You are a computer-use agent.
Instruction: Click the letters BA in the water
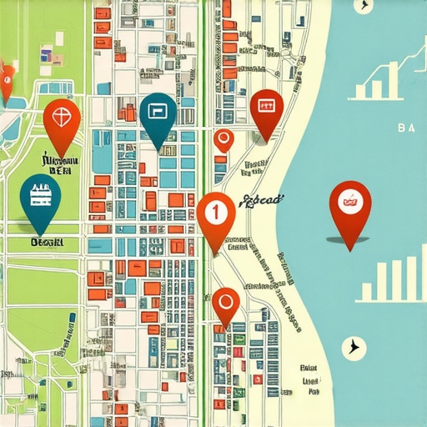[x=408, y=128]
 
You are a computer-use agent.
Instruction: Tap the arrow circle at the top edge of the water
[x=362, y=5]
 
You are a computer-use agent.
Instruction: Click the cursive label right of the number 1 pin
[x=261, y=199]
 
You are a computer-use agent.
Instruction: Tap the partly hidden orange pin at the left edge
[x=5, y=83]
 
